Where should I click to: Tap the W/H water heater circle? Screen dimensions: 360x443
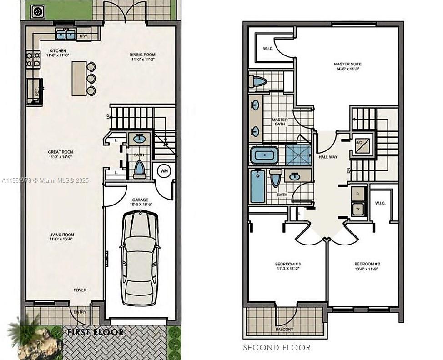[163, 171]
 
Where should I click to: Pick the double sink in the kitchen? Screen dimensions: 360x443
[66, 34]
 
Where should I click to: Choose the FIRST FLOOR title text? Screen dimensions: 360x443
[95, 332]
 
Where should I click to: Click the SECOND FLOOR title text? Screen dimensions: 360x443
[277, 348]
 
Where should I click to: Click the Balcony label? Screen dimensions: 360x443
[284, 329]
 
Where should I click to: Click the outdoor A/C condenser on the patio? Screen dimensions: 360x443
[37, 11]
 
